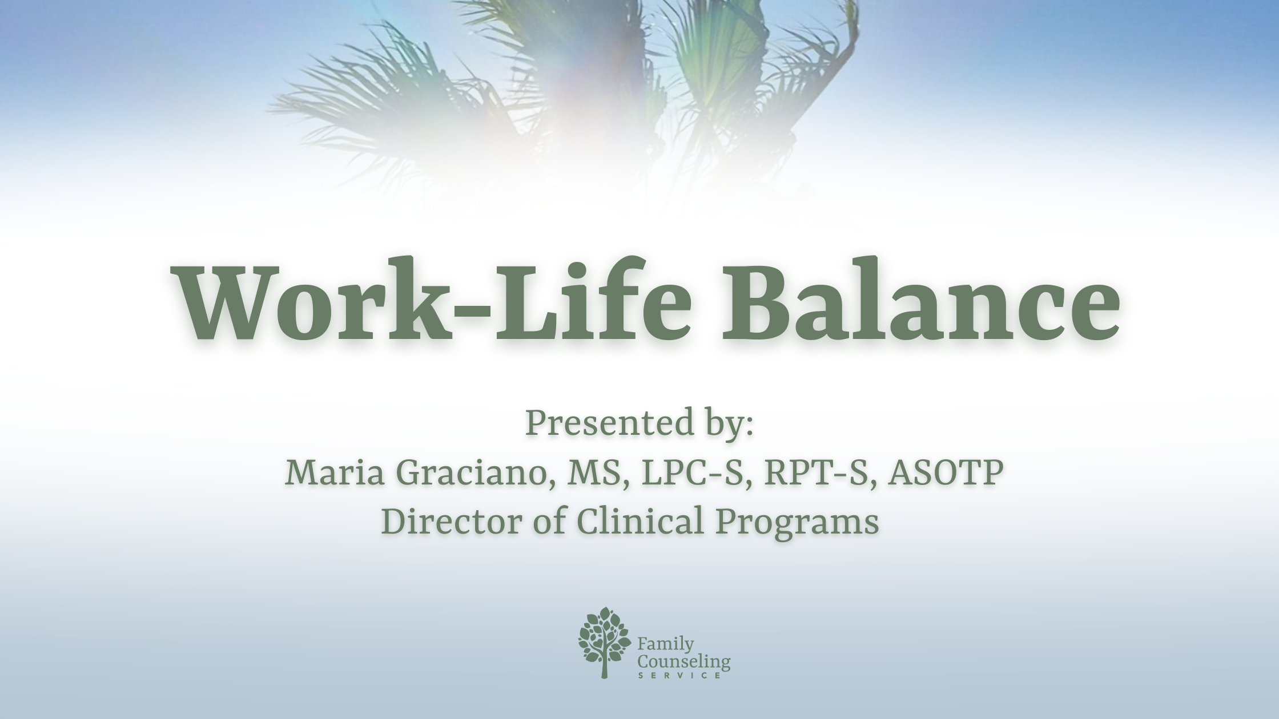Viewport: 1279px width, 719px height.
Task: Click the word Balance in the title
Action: tap(920, 302)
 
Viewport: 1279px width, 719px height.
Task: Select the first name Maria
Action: tap(333, 473)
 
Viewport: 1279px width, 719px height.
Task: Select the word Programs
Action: tap(797, 523)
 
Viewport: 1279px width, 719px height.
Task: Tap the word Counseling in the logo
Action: tap(683, 662)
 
